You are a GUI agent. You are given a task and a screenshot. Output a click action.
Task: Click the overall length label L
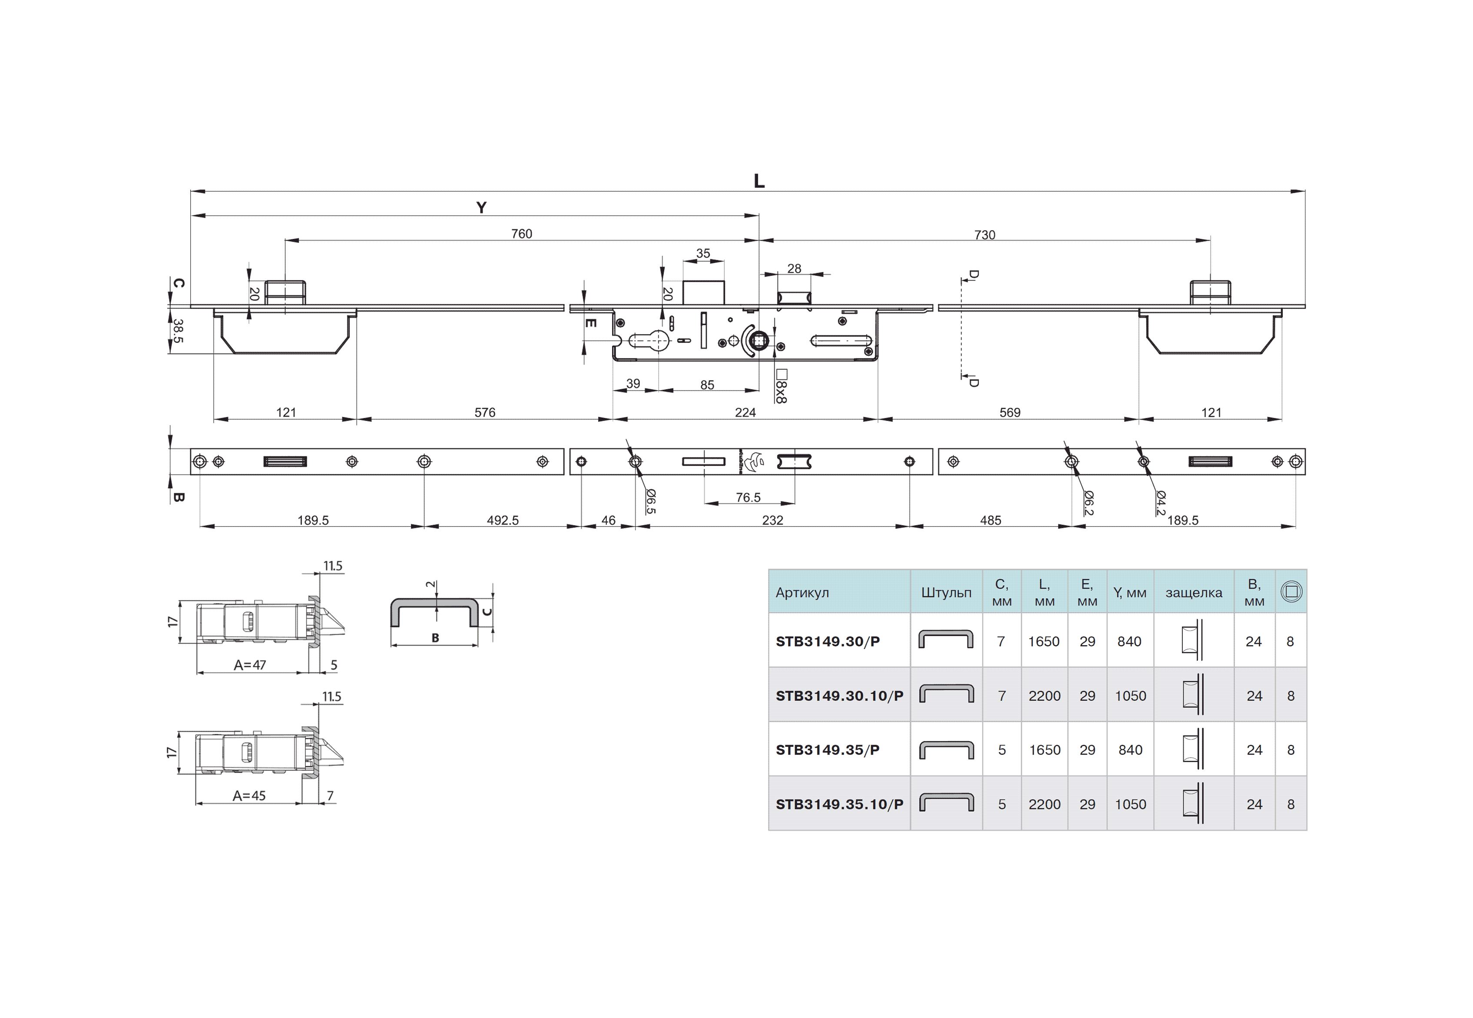point(759,181)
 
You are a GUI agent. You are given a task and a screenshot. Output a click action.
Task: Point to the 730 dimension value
point(985,235)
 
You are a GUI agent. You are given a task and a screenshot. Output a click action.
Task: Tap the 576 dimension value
point(485,413)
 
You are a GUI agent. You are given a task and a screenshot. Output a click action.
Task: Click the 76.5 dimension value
point(748,497)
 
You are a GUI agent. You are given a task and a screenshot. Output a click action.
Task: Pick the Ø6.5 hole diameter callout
point(650,501)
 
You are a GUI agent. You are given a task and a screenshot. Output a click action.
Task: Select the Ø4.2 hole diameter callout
point(1161,503)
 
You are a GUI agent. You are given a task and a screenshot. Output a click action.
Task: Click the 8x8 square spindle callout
point(781,387)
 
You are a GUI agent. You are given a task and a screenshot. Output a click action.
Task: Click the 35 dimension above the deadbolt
point(703,253)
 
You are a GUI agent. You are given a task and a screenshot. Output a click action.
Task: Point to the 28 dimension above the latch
point(794,269)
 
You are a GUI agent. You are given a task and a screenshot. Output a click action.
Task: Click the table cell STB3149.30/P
point(828,642)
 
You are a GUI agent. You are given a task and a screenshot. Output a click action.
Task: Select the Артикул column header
point(802,593)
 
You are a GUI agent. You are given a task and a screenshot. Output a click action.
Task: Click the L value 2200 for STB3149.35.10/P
point(1045,804)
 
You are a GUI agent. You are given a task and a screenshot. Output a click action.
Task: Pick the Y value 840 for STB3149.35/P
point(1131,750)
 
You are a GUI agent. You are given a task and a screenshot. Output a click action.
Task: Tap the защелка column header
point(1194,593)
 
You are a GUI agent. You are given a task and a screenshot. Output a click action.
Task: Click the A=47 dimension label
point(250,665)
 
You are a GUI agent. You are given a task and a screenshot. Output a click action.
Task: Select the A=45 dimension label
point(249,796)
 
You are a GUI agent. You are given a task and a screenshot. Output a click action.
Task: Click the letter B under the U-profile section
point(436,638)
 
